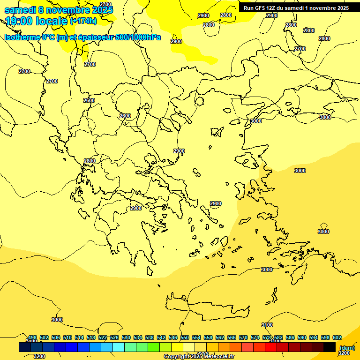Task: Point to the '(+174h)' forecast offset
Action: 83,21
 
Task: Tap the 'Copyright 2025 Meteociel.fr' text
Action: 199,357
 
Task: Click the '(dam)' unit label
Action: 347,348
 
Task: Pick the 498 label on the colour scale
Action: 32,338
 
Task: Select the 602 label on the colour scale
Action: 337,338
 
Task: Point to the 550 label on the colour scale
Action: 185,338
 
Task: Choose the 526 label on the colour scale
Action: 114,338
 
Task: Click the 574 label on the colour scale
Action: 255,338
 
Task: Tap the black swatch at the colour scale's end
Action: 330,347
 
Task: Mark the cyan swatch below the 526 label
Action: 119,347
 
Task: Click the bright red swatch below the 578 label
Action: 271,347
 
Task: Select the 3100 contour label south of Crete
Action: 267,325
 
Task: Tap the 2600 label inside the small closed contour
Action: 125,116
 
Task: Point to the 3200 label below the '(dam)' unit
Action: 344,353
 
